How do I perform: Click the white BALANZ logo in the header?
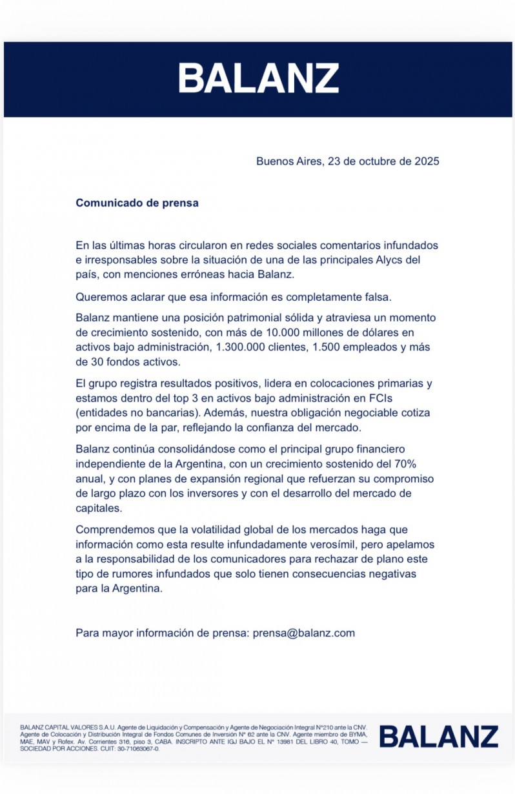point(258,78)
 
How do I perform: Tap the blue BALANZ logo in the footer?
point(438,737)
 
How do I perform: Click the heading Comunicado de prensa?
point(137,203)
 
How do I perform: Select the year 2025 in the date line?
point(427,161)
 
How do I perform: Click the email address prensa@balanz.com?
point(304,633)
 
